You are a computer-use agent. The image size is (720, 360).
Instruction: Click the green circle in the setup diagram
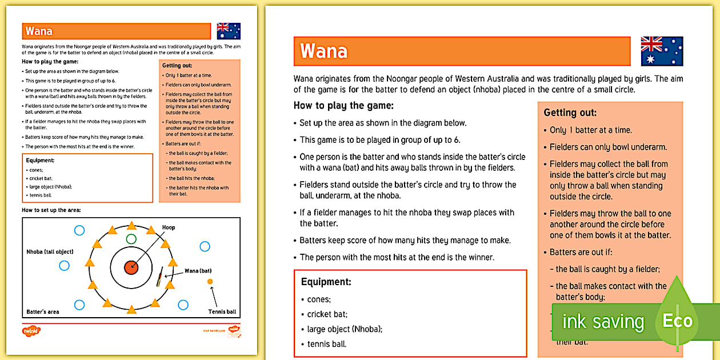coord(131,238)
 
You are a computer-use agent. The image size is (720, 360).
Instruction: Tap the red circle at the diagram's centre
coord(131,266)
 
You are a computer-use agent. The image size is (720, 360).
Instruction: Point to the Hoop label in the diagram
coord(169,227)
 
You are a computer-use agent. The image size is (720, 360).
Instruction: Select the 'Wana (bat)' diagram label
coord(198,270)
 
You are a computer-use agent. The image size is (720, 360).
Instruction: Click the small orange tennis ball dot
coord(210,282)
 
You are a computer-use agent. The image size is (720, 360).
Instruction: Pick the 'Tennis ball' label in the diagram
coord(222,312)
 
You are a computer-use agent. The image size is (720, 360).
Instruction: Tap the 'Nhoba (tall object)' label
coord(50,251)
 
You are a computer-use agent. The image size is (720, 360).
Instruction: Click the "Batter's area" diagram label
coord(43,312)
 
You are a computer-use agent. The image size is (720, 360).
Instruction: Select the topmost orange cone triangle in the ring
coord(131,225)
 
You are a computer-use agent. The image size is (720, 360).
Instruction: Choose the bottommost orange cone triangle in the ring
coord(131,310)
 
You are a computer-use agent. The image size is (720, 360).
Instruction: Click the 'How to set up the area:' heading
coord(51,210)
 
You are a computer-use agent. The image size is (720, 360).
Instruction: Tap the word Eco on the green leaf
coord(677,321)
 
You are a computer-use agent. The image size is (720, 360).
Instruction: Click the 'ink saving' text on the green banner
coord(602,322)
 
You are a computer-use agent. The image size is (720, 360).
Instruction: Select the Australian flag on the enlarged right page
coord(662,51)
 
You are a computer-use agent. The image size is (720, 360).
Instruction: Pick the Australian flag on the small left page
coord(229,31)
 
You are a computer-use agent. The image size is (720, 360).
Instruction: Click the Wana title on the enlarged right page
coord(324,51)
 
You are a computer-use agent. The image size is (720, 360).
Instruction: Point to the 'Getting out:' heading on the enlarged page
coord(570,113)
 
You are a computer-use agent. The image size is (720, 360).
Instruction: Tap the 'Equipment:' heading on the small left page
coord(40,161)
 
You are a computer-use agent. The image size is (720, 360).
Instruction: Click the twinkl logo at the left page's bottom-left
coord(31,330)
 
